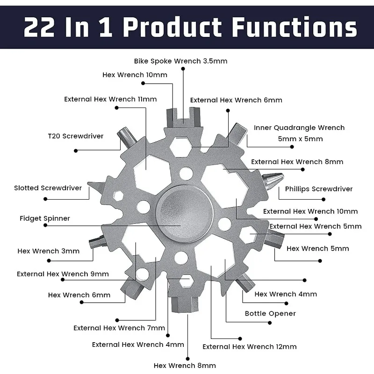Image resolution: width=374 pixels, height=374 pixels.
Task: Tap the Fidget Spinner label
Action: [45, 218]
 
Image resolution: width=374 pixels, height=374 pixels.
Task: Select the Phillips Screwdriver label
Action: [319, 189]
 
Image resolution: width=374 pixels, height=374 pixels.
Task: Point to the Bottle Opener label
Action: [270, 313]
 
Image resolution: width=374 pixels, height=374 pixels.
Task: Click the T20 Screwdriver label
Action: [75, 136]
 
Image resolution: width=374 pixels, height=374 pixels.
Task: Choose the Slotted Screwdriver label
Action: [48, 188]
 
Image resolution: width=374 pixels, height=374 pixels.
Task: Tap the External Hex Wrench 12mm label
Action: [249, 346]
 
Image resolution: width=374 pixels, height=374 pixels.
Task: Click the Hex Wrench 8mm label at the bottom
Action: [185, 365]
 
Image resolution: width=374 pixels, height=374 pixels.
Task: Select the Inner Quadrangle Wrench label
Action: [299, 128]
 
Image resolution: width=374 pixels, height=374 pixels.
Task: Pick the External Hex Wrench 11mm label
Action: [110, 99]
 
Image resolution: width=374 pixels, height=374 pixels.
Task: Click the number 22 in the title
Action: [42, 28]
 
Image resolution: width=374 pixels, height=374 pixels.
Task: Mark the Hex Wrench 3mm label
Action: [49, 251]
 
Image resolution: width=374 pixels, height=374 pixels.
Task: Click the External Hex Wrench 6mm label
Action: [236, 100]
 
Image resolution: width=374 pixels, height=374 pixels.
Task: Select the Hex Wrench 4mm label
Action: [286, 294]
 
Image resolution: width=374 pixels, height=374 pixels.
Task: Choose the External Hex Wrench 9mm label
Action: [63, 273]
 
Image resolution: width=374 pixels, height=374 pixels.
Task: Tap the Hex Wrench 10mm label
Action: [135, 75]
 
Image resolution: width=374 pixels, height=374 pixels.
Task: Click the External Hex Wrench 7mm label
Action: [119, 328]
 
